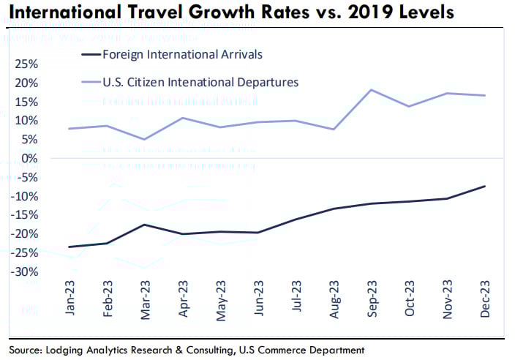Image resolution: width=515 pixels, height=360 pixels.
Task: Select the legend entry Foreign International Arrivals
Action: point(181,56)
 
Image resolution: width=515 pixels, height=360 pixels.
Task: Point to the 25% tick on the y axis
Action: point(28,64)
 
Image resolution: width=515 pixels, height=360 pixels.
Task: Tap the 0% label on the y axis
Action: point(31,158)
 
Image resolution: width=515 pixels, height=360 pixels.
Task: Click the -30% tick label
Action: point(26,272)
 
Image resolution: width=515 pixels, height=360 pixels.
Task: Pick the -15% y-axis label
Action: point(26,215)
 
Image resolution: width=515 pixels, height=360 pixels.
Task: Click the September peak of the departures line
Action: point(372,90)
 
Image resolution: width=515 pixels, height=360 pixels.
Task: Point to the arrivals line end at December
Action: point(484,186)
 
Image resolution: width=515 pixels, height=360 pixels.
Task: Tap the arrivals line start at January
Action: point(69,247)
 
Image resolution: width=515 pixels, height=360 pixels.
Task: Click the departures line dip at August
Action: point(334,130)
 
